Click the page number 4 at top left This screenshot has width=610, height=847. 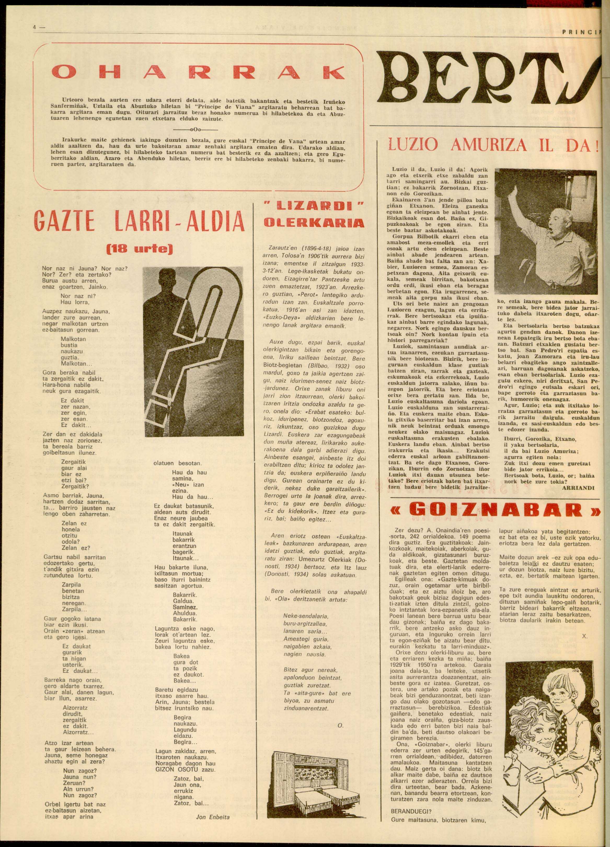click(x=34, y=27)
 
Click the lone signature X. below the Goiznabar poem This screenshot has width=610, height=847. click(x=585, y=637)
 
